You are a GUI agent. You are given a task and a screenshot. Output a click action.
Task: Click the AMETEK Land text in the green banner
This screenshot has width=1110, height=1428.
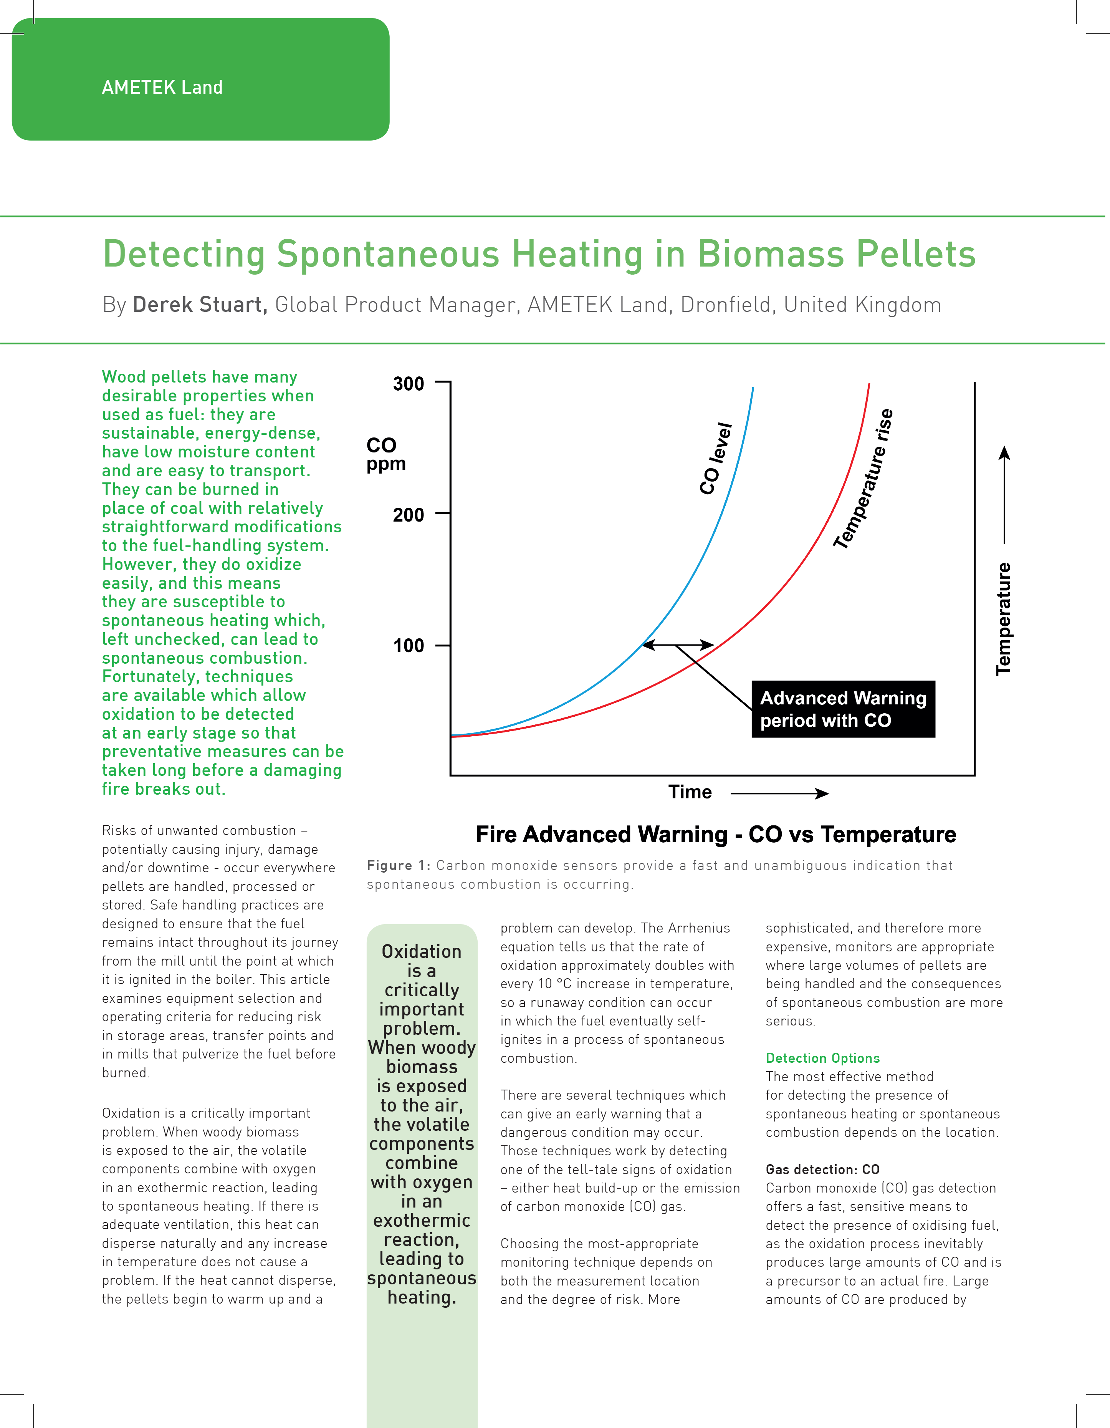click(x=162, y=88)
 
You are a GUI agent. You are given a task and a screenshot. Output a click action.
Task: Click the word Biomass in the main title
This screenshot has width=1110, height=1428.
click(x=771, y=254)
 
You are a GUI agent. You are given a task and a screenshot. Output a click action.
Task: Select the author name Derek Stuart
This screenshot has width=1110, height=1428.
click(x=200, y=305)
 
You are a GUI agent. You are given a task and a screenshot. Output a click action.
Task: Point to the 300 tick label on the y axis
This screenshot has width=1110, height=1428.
click(x=409, y=384)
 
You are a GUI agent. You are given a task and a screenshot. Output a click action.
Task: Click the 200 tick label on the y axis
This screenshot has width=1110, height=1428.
click(x=409, y=515)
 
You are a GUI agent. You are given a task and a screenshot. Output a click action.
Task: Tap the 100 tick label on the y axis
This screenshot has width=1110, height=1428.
click(x=409, y=646)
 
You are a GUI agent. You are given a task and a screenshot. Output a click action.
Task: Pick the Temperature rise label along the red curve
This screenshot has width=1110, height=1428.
click(x=863, y=479)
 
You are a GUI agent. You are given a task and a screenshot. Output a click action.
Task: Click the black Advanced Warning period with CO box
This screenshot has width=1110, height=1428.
click(x=843, y=709)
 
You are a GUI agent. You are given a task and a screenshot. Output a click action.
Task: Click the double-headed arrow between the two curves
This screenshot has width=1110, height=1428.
click(x=678, y=645)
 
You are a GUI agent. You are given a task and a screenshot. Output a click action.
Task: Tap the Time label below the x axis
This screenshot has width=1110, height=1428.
click(x=690, y=792)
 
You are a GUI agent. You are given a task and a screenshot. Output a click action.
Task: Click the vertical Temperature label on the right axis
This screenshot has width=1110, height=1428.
click(x=1003, y=618)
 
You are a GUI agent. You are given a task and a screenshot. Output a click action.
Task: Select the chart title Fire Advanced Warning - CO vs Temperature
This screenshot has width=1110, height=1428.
click(x=716, y=835)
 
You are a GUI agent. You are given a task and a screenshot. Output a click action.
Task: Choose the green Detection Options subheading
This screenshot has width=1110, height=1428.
click(x=822, y=1058)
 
